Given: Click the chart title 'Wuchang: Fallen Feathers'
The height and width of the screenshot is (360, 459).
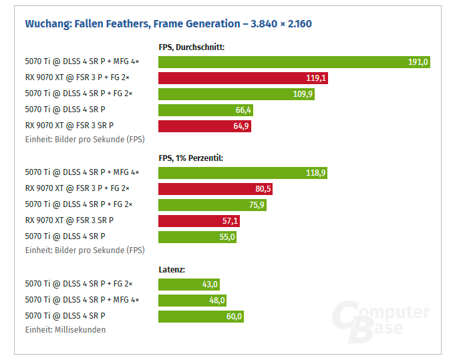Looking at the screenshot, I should coord(168,24).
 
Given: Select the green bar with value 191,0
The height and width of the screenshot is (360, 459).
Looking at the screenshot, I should coord(294,62).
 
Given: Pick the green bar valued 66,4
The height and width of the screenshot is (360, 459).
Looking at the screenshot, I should coord(206,110).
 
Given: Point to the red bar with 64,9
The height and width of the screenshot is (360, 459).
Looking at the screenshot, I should coord(204,126).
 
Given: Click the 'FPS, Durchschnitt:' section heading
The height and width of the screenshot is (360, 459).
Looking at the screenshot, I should coord(191,47).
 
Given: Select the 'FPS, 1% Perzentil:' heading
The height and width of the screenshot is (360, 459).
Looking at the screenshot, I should coord(190,158).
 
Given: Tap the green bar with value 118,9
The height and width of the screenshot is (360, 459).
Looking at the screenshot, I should coord(243,173).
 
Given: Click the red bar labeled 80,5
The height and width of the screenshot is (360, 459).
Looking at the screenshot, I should coord(215,189).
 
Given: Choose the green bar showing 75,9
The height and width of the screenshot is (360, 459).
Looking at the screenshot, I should coord(212,205).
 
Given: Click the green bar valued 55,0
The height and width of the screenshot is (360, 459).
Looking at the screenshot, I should coord(197,237).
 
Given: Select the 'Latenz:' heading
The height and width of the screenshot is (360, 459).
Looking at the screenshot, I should coord(172,269).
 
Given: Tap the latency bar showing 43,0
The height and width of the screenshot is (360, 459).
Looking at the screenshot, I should coord(189,284).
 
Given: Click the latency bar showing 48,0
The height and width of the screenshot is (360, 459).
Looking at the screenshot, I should coord(192,300).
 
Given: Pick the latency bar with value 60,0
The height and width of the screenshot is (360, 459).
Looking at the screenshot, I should coord(201,316).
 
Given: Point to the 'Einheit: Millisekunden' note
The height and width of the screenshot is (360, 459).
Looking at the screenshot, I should coord(65,329).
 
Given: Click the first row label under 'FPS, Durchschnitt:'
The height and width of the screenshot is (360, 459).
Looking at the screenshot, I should coord(82,62).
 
